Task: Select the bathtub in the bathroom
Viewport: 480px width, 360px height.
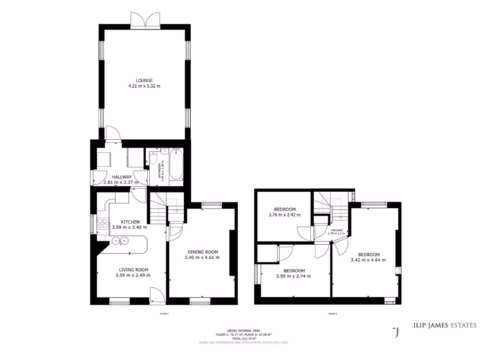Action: [176, 165]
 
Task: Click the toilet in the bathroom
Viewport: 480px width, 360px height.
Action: [152, 160]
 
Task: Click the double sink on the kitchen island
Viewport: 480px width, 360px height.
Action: [121, 241]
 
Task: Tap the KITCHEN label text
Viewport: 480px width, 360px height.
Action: [130, 222]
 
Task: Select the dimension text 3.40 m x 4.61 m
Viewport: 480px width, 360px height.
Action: [202, 257]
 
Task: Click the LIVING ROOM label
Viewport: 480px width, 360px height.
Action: [133, 270]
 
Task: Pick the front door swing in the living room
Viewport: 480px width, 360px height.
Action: [157, 295]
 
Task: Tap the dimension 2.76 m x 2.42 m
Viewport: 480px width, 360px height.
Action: [285, 215]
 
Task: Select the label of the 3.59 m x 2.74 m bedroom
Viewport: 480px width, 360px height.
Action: [294, 270]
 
